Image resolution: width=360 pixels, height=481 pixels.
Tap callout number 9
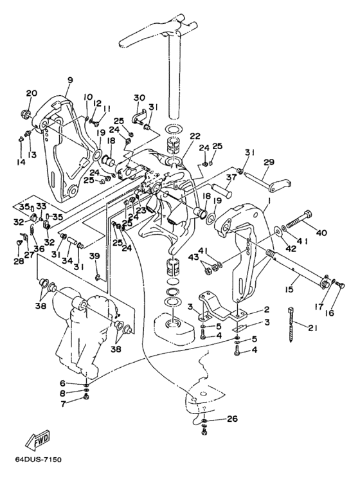pos(70,80)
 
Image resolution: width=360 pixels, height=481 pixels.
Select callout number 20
pos(32,93)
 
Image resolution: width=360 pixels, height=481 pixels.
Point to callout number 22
pos(195,136)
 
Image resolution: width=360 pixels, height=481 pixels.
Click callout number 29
pos(270,162)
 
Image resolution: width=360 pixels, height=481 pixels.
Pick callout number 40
pos(321,233)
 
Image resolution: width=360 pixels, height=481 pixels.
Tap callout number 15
pos(289,289)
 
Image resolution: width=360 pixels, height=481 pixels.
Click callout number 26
pos(232,419)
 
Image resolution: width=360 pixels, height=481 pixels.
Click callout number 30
pos(139,98)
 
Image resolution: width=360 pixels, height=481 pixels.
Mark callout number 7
pos(63,404)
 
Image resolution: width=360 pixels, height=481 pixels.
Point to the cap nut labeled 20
pos(25,114)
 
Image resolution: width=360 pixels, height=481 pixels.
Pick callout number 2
pos(267,310)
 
